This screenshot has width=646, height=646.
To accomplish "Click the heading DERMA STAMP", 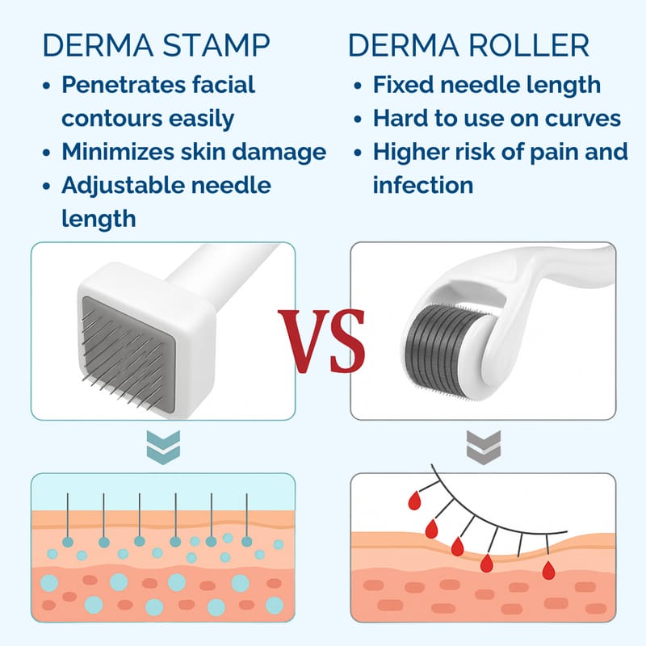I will [x=156, y=44].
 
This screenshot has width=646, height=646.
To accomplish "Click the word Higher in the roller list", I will [x=409, y=152].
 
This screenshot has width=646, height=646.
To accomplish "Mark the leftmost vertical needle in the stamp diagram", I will [x=67, y=518].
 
